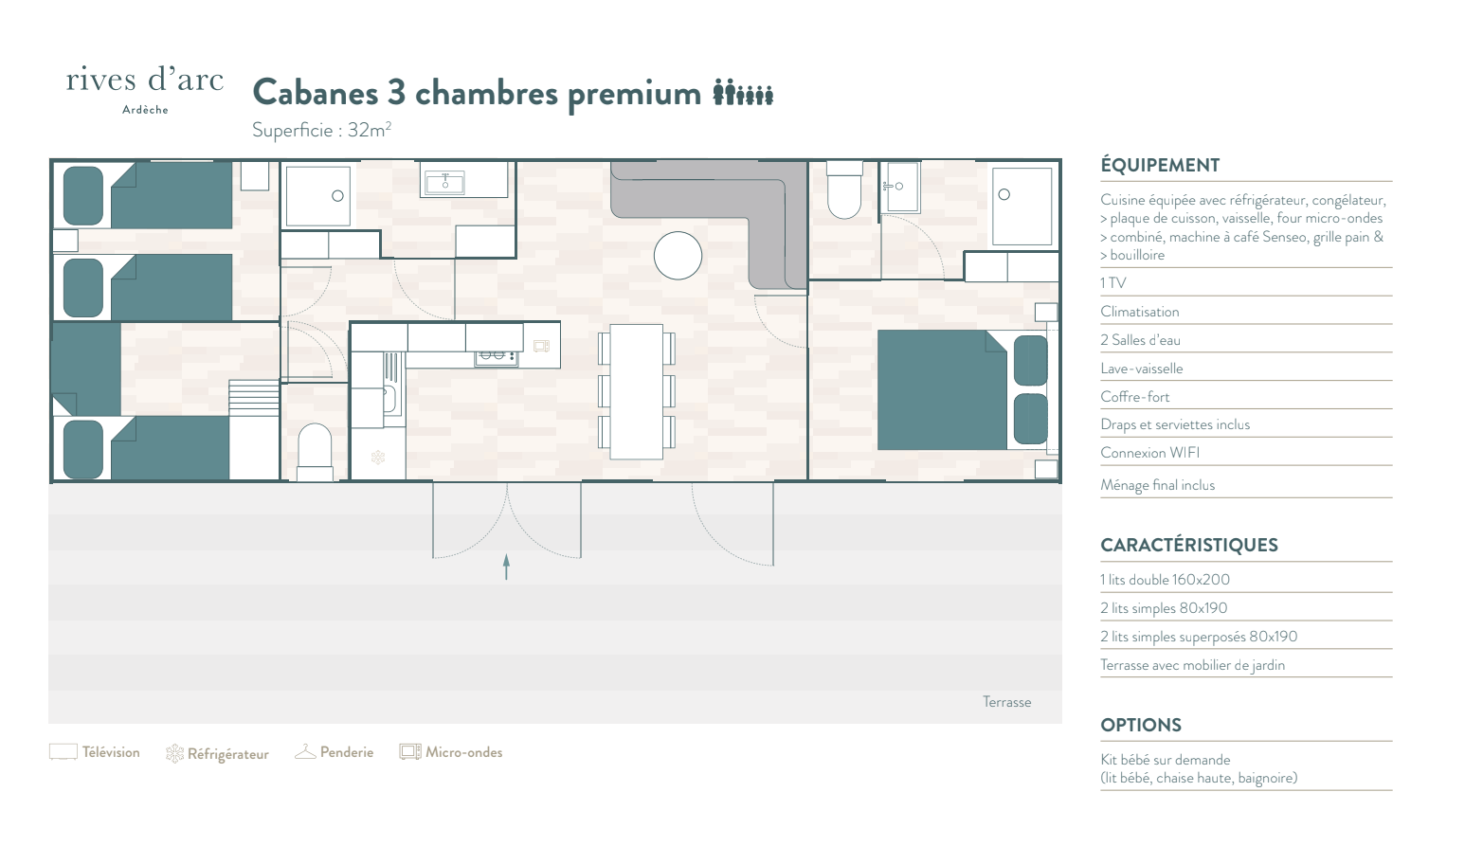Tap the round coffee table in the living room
(678, 256)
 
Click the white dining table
(637, 392)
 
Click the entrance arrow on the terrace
(506, 567)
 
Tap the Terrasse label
(1006, 702)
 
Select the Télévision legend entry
(95, 752)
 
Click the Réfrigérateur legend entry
(217, 753)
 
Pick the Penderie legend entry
(335, 752)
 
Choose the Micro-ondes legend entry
(451, 752)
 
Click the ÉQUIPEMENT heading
(1160, 165)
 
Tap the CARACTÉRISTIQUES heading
(1189, 545)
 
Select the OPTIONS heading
(1141, 725)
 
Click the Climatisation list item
(1139, 312)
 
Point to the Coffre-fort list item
(1134, 396)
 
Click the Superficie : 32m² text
(322, 130)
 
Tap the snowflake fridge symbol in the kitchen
(378, 458)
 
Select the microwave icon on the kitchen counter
(541, 346)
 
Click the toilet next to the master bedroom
(844, 189)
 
